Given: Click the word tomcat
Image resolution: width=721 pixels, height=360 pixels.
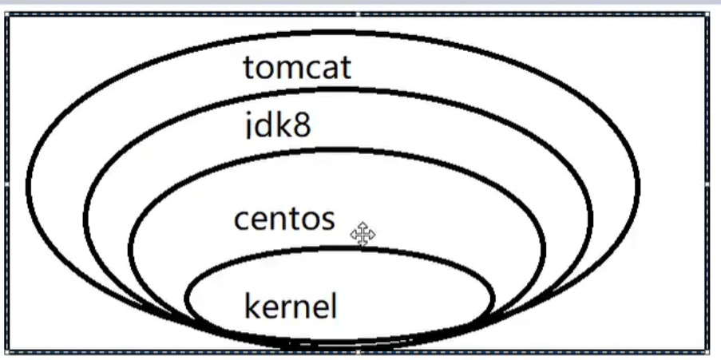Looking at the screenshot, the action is click(x=296, y=68).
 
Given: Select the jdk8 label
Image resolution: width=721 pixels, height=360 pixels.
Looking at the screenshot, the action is click(x=276, y=125).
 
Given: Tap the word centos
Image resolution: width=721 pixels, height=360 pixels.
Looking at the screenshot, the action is click(x=283, y=218).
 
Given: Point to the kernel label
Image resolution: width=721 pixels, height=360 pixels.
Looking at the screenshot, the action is click(x=290, y=306).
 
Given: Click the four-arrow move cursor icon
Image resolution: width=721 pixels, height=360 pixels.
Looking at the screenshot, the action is click(x=362, y=235).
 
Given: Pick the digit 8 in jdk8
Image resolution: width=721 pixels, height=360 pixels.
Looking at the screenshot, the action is click(x=300, y=125).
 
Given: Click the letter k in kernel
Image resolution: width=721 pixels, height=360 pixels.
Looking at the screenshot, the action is click(x=252, y=306).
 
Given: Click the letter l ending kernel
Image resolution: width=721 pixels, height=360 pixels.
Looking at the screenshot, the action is click(x=333, y=306).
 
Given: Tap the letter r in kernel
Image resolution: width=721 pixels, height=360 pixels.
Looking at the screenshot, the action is click(x=284, y=307).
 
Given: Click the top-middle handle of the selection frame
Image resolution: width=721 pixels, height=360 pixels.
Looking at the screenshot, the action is click(x=358, y=14).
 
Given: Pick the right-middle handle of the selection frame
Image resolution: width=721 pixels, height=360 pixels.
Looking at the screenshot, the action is click(x=708, y=183).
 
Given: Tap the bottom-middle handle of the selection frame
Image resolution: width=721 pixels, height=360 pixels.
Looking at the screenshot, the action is click(x=358, y=351).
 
